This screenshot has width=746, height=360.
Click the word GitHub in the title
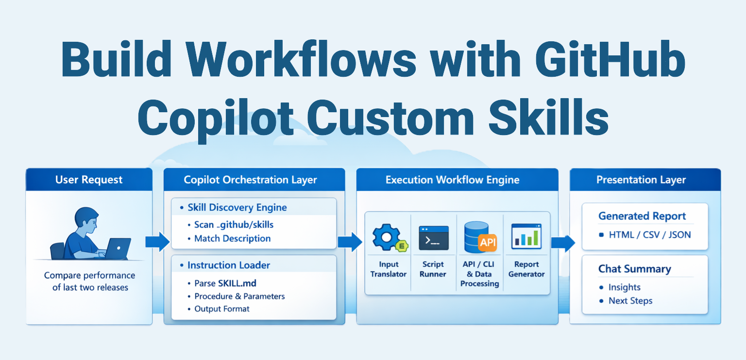point(610,59)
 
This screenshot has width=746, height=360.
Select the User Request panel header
point(89,180)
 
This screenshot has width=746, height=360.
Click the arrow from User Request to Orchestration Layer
point(157,241)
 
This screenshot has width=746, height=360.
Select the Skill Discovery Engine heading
point(237,207)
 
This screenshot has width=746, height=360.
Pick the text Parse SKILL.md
point(225,283)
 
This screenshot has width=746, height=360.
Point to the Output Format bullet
point(222,309)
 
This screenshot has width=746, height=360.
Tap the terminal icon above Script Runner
point(434,238)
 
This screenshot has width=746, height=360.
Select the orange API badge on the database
point(488,242)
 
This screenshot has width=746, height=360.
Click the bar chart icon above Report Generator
point(526,237)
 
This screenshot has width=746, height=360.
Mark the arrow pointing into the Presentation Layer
point(563,242)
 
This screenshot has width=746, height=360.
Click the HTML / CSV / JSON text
point(650,235)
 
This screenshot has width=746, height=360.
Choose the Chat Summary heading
point(635,269)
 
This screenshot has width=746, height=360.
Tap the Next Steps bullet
point(630,301)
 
